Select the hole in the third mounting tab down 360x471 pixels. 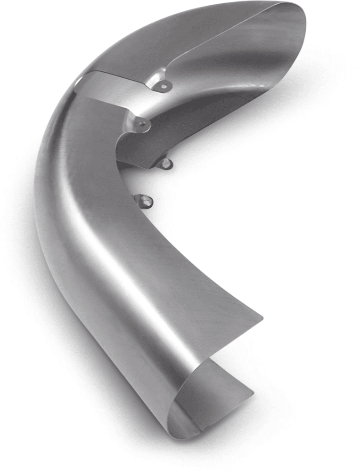166,163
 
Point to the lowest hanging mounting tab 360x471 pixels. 145,202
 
